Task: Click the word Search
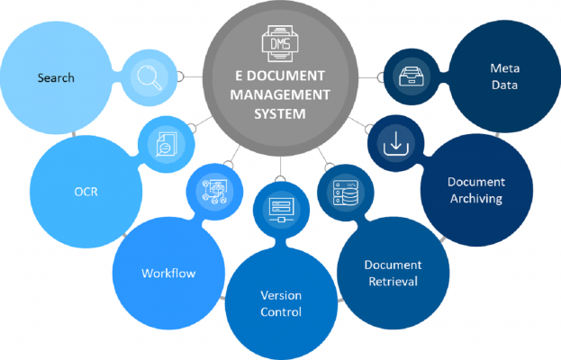click(x=56, y=78)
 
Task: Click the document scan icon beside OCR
click(x=166, y=142)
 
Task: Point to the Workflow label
click(x=168, y=273)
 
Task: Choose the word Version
click(x=280, y=295)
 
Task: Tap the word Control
click(x=280, y=312)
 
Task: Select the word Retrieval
click(x=392, y=283)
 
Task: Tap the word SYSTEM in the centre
click(x=280, y=113)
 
